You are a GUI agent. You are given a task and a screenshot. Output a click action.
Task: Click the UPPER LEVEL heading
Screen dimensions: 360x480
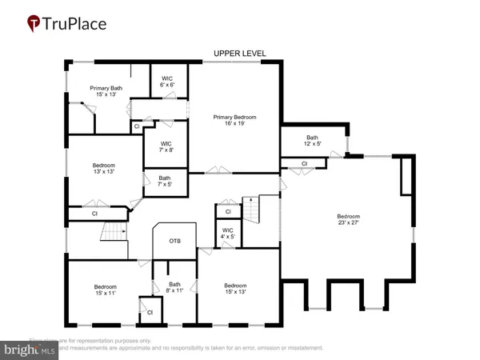(x=239, y=54)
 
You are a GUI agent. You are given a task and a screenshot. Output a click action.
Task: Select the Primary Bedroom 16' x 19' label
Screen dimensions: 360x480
(x=233, y=121)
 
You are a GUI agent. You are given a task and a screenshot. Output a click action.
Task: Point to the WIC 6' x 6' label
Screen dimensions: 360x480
(x=167, y=81)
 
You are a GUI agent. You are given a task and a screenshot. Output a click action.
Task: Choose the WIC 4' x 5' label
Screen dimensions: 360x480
(x=228, y=234)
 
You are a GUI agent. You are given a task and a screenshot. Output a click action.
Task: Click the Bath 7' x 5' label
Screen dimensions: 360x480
(x=164, y=181)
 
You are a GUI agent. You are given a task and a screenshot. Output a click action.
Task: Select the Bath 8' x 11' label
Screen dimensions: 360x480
(x=174, y=287)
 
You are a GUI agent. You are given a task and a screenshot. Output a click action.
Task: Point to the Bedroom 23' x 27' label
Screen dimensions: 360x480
(x=348, y=220)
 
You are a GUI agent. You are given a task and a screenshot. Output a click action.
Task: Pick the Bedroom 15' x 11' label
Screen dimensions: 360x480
(x=106, y=290)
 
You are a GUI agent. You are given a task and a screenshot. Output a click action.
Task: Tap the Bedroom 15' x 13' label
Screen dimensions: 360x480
(x=235, y=290)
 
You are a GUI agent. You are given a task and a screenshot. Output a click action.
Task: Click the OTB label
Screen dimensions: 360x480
(x=174, y=241)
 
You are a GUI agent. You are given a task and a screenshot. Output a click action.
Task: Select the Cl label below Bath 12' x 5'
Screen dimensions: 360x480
(x=304, y=163)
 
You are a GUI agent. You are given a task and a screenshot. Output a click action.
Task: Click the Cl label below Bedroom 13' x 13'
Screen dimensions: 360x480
(x=94, y=214)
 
